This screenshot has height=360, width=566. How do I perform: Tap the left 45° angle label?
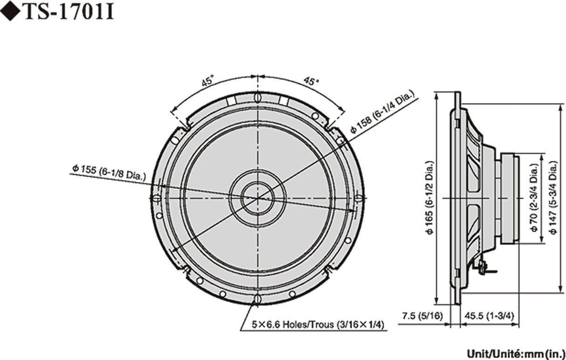coord(208,81)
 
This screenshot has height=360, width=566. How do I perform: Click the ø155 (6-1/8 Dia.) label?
coord(109,171)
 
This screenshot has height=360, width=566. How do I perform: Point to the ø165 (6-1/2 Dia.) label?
coord(430,198)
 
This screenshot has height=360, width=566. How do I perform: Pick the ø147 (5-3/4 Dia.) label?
coord(553,198)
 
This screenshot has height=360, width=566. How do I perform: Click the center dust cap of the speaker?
coord(257,198)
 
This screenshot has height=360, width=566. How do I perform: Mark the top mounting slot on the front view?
coord(257,98)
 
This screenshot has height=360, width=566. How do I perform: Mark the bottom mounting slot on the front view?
coord(257,298)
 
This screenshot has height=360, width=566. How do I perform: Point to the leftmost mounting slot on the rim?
coord(157,198)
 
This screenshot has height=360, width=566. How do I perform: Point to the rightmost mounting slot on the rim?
coord(358,198)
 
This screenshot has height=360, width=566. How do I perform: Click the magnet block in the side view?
coord(508,198)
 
